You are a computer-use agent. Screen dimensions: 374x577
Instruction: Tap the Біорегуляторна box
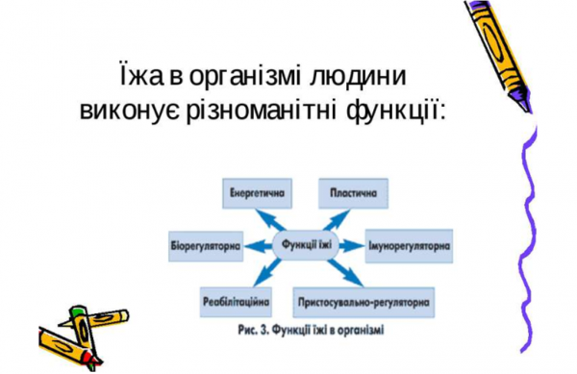(203, 244)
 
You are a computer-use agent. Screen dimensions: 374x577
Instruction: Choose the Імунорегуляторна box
(409, 244)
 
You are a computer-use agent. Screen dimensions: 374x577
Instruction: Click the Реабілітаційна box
(236, 300)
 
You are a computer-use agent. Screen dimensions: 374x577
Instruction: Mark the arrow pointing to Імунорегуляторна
(352, 244)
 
